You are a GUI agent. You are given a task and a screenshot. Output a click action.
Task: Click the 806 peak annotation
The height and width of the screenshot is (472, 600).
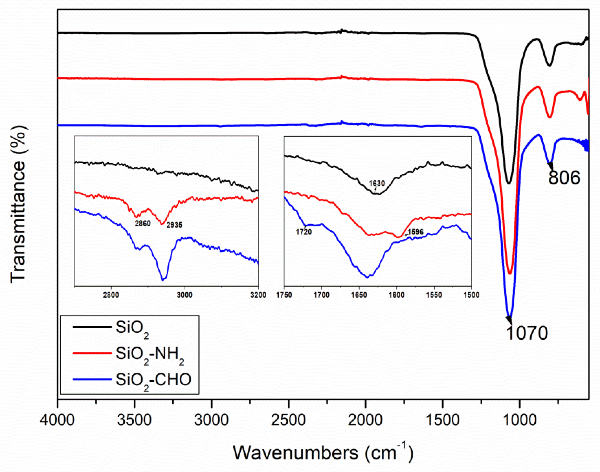pos(564,178)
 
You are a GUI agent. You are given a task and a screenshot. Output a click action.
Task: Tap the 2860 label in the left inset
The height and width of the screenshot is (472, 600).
pos(142,223)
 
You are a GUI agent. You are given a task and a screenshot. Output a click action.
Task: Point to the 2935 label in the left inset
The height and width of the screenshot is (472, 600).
pos(174,225)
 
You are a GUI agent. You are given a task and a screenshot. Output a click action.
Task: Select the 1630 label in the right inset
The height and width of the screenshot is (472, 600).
pos(377,183)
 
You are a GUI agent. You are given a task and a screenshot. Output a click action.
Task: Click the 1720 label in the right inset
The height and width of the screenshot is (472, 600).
pos(304,232)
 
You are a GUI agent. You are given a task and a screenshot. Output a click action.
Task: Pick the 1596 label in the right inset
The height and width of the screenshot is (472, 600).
pos(416,232)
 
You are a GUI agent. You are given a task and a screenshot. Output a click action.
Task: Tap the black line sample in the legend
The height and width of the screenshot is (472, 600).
pos(92,327)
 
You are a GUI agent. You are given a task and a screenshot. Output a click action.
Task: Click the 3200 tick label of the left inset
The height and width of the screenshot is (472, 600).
pos(258,295)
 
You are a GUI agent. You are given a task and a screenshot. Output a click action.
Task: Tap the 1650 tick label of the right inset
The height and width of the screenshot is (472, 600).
pos(359,295)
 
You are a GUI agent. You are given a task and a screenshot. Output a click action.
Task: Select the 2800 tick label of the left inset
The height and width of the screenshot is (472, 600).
pos(111,295)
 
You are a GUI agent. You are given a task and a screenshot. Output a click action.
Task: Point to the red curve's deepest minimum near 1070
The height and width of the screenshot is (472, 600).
pos(510,273)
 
